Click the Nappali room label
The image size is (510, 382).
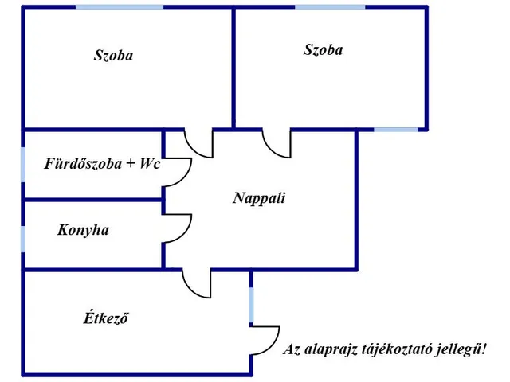pyautogui.click(x=259, y=198)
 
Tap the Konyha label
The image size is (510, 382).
pyautogui.click(x=83, y=230)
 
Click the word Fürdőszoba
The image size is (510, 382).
pyautogui.click(x=83, y=163)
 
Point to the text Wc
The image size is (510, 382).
pyautogui.click(x=150, y=163)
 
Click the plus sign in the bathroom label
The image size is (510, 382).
pyautogui.click(x=131, y=163)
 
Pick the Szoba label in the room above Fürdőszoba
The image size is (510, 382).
pyautogui.click(x=113, y=55)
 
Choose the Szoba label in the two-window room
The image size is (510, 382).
pyautogui.click(x=323, y=49)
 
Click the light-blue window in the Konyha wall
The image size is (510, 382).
pyautogui.click(x=23, y=239)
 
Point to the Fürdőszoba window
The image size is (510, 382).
pyautogui.click(x=23, y=165)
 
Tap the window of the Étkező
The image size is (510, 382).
pyautogui.click(x=251, y=305)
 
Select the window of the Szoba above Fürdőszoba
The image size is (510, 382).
pyautogui.click(x=120, y=7)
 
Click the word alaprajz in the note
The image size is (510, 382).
pyautogui.click(x=329, y=349)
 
